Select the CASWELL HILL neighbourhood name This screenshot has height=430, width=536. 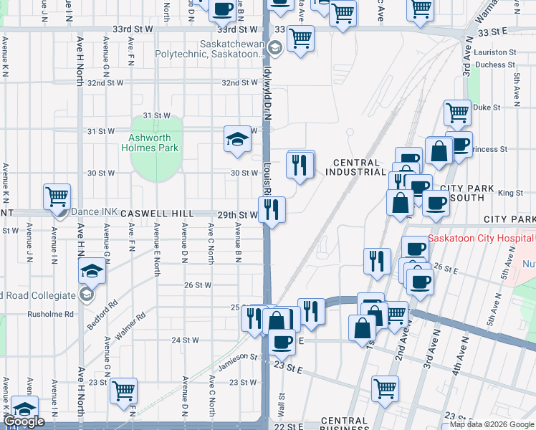click(x=157, y=214)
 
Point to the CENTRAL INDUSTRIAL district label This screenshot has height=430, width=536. click(x=355, y=167)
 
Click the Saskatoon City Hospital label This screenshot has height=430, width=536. click(x=480, y=238)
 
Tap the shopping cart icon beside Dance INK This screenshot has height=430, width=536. click(x=57, y=196)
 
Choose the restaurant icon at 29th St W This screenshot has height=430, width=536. click(x=272, y=209)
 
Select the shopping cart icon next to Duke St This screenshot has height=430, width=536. click(x=456, y=113)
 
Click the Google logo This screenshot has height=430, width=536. click(x=24, y=421)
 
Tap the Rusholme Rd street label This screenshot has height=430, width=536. click(x=51, y=314)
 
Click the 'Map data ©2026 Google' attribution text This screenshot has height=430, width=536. click(x=492, y=424)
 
